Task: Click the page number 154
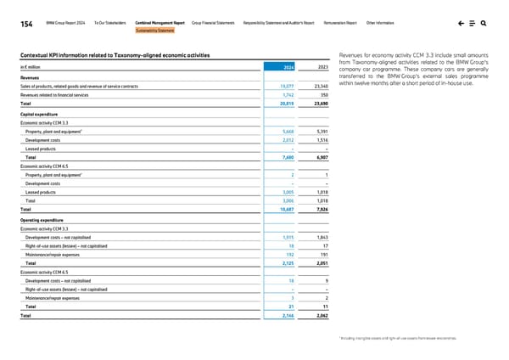pos(15,24)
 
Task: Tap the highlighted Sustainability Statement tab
pos(154,31)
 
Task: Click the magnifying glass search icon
pos(495,24)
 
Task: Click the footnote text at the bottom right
pos(420,338)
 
